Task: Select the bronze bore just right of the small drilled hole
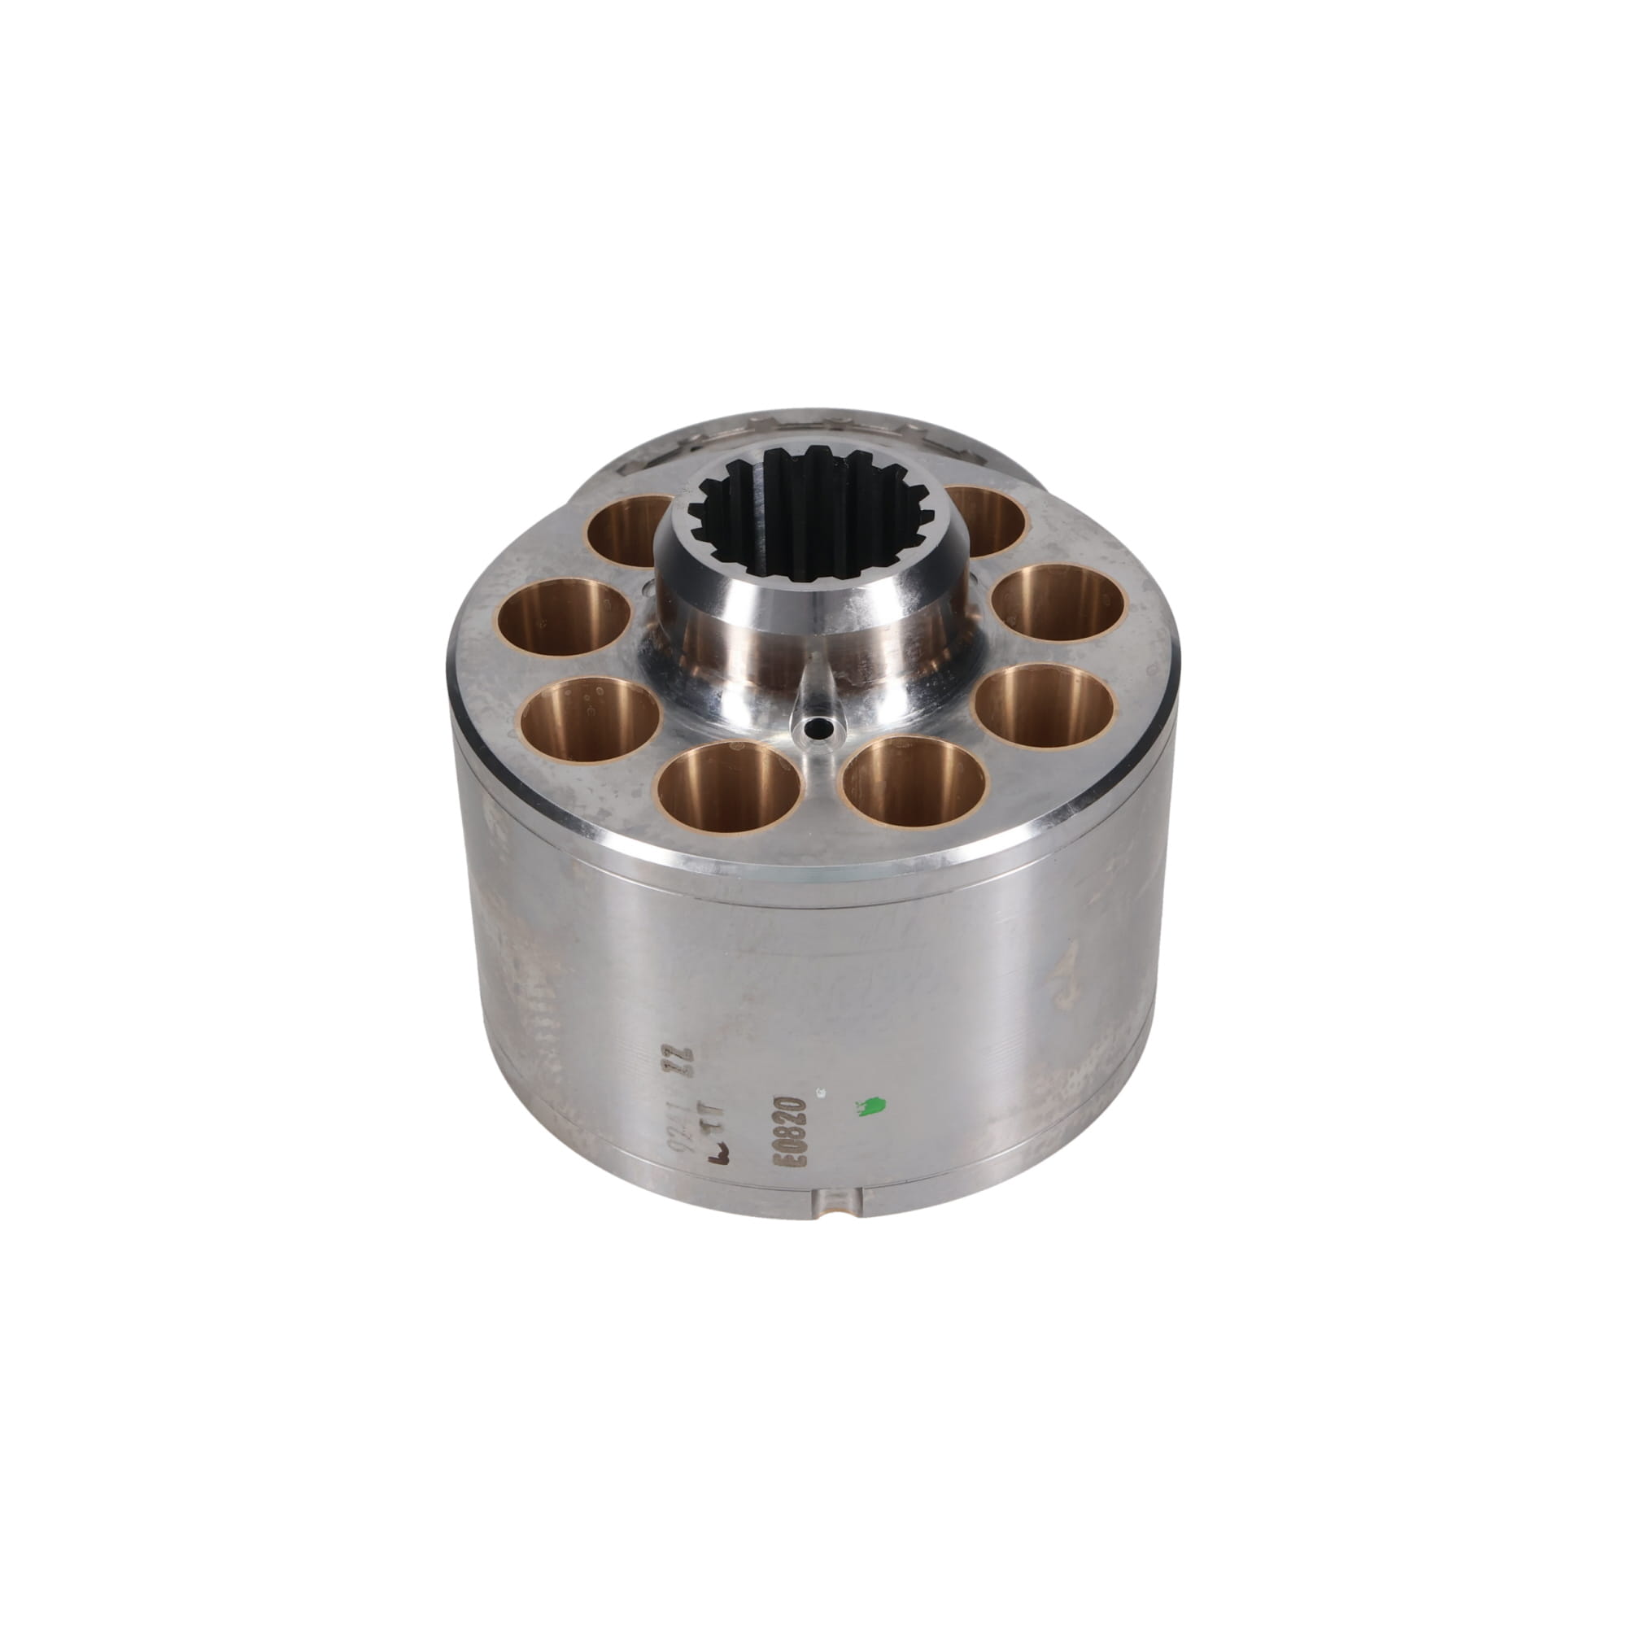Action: click(x=914, y=781)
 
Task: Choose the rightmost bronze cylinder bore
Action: click(x=1058, y=603)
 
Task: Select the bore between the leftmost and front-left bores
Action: click(x=590, y=718)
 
